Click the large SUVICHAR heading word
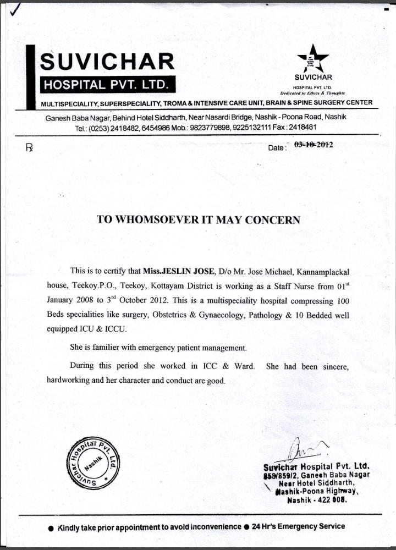point(107,61)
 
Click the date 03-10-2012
point(313,145)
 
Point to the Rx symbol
point(29,147)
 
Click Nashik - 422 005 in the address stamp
point(321,502)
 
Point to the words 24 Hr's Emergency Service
point(299,526)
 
